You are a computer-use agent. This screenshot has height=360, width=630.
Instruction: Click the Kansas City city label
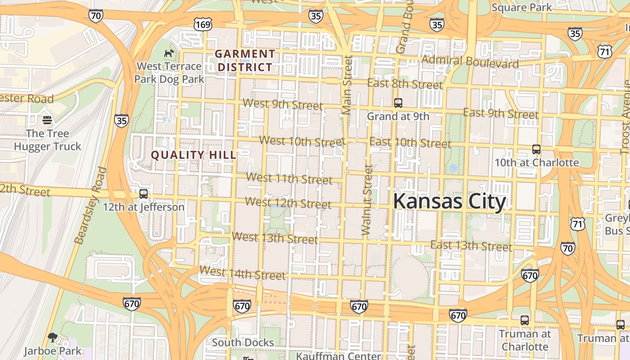[x=450, y=202]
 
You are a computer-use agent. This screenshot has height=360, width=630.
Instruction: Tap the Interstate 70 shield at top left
[x=96, y=16]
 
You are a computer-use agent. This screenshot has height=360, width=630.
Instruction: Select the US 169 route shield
[x=203, y=24]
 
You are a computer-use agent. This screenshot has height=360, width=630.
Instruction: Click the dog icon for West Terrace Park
[x=169, y=54]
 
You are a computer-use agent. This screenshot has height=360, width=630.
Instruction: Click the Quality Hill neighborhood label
[x=193, y=155]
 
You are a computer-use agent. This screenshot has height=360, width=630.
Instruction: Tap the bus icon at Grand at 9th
[x=398, y=103]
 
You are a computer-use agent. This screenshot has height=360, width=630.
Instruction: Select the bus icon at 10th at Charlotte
[x=536, y=149]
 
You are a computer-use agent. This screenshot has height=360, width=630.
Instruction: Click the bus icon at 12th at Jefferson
[x=144, y=194]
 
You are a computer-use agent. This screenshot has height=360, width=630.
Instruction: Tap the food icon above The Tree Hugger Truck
[x=47, y=120]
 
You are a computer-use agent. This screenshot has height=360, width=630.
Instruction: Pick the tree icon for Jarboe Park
[x=53, y=337]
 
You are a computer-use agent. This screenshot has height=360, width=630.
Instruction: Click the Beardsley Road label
[x=91, y=205]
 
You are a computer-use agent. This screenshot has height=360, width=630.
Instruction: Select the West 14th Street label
[x=243, y=273]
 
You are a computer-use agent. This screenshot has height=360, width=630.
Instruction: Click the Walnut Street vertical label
[x=367, y=200]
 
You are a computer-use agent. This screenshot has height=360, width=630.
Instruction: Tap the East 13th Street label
[x=471, y=246]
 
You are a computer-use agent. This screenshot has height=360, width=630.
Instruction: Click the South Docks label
[x=243, y=342]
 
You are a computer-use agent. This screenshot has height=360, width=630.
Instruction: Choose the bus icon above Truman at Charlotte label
[x=525, y=320]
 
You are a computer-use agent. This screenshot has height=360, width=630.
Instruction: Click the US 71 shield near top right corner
[x=604, y=51]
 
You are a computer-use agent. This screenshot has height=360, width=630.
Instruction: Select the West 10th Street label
[x=302, y=141]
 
